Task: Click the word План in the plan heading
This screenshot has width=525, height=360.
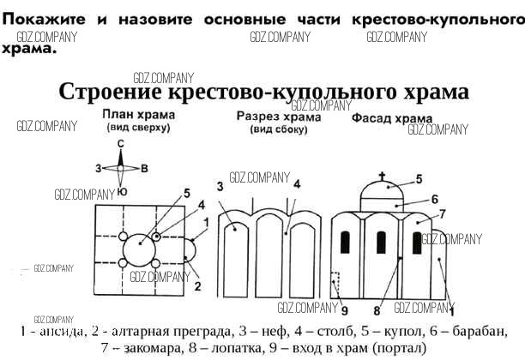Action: tap(119, 115)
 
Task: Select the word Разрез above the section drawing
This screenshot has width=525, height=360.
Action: tap(256, 116)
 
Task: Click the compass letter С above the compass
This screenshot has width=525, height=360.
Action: tap(122, 144)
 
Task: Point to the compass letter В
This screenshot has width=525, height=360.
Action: tap(144, 167)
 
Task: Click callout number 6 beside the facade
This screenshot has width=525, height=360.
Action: tap(435, 199)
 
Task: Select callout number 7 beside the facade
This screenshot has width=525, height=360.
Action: tap(443, 213)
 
